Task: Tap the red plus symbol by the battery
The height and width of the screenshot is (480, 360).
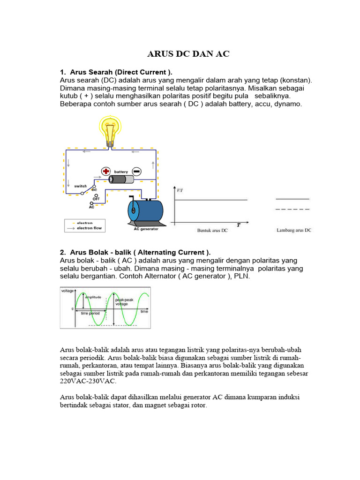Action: [x=106, y=172]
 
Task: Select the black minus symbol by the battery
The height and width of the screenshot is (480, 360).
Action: [x=136, y=172]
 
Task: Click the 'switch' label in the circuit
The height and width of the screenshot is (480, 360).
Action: [x=81, y=186]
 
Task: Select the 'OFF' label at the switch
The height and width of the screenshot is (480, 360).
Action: [x=96, y=199]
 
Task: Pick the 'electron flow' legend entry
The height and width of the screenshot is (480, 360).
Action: [x=89, y=228]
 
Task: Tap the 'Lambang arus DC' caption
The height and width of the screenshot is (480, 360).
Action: [x=294, y=230]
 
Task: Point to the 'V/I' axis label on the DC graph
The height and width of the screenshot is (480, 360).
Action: [x=180, y=190]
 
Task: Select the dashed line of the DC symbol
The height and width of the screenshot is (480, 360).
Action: [x=292, y=210]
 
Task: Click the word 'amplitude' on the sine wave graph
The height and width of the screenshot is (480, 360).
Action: [x=93, y=297]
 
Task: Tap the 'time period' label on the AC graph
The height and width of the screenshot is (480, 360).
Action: [x=90, y=313]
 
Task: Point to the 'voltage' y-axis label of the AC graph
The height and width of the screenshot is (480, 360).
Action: [x=68, y=291]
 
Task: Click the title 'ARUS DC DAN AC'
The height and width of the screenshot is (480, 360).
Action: [x=188, y=54]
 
